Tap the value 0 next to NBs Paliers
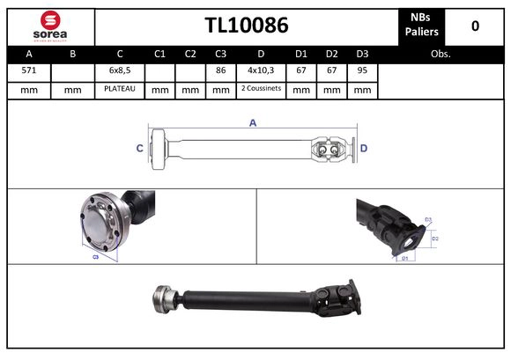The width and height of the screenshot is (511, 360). [475, 26]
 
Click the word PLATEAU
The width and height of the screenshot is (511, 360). [119, 90]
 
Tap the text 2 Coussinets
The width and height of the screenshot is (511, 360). [261, 90]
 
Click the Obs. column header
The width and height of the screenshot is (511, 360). [441, 54]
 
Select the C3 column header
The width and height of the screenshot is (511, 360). [220, 54]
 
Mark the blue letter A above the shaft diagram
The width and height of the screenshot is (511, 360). [253, 123]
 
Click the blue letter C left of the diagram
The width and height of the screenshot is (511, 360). [139, 149]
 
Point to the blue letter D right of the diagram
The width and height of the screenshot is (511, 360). [363, 149]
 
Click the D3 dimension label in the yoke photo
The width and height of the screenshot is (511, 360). [428, 219]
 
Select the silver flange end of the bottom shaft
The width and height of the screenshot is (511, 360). [162, 298]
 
